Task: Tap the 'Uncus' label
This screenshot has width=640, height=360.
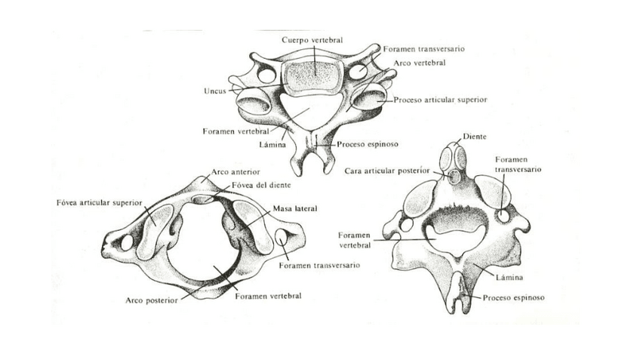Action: [x=214, y=91]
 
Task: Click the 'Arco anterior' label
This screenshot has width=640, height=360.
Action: [x=231, y=172]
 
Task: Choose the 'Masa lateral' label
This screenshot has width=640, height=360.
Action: [x=295, y=208]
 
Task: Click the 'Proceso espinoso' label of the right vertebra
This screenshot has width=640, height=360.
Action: [x=513, y=297]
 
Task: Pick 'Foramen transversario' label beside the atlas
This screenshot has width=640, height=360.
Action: [x=318, y=266]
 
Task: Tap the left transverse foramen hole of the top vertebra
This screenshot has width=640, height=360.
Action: [x=266, y=75]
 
